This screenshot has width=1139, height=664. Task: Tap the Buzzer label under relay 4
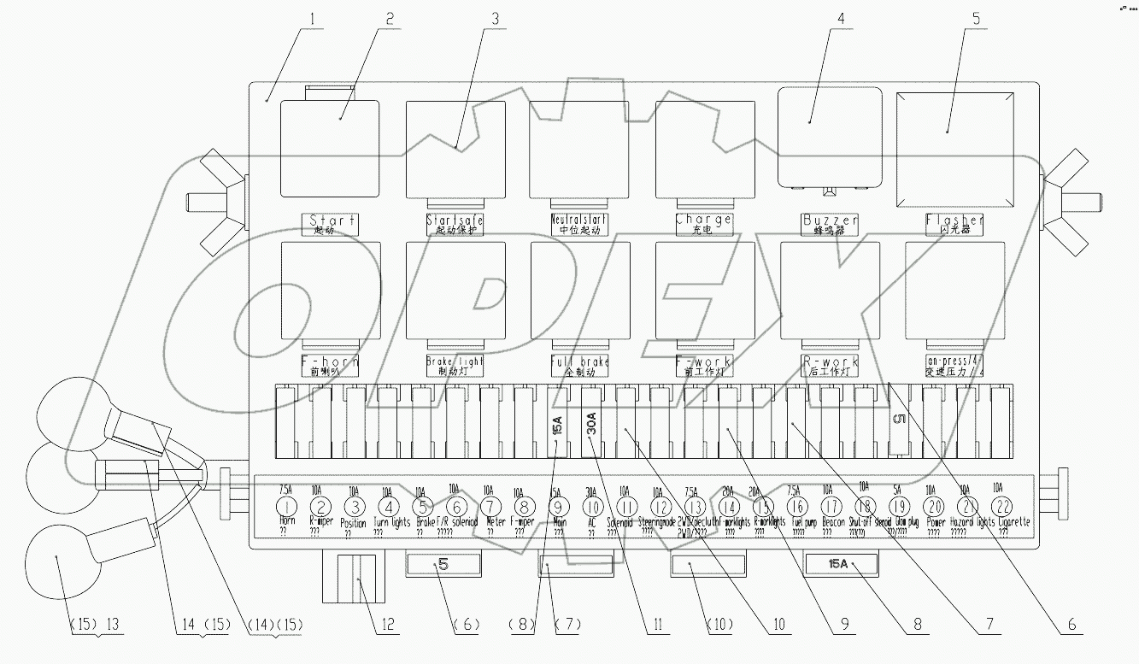(830, 224)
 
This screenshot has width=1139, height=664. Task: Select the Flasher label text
(954, 224)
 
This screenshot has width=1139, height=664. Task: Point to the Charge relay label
(704, 224)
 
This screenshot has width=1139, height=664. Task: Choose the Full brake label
(580, 366)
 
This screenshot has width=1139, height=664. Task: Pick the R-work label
(830, 366)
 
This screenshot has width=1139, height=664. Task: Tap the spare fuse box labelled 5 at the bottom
(443, 564)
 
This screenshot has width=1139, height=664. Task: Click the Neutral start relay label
(579, 224)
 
